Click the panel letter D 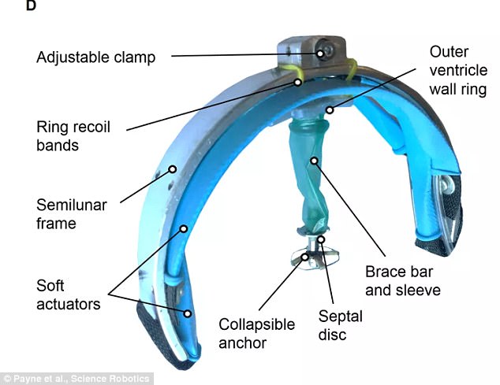pos(31,6)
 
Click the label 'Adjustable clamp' pos(96,57)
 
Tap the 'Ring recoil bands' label pos(73,136)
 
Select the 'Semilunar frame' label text pos(72,214)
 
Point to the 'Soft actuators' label pos(69,295)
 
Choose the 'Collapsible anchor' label pos(256,333)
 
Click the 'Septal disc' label pos(341,325)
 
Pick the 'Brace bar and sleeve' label pos(403,281)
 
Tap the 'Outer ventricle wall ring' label pos(458,70)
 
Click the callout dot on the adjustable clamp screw pos(320,54)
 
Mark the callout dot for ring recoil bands pos(297,82)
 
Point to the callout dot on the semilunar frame pos(173,169)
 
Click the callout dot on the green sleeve pos(315,161)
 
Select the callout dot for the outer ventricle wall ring pos(330,110)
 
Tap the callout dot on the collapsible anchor pos(305,257)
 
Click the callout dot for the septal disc pos(322,239)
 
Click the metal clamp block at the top pos(311,53)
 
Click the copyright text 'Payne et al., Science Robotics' pos(76,379)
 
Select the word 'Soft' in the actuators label pos(50,286)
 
